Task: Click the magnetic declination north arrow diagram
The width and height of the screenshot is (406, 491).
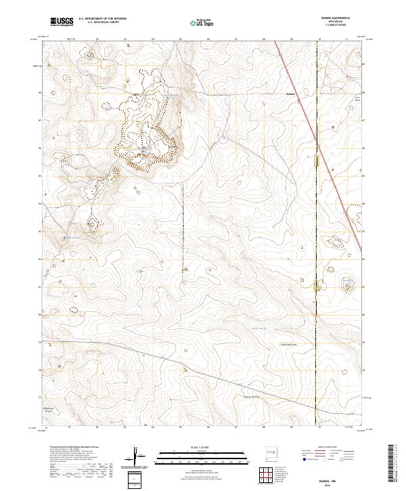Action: pyautogui.click(x=137, y=458)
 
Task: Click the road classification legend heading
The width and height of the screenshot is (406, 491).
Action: pyautogui.click(x=327, y=448)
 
